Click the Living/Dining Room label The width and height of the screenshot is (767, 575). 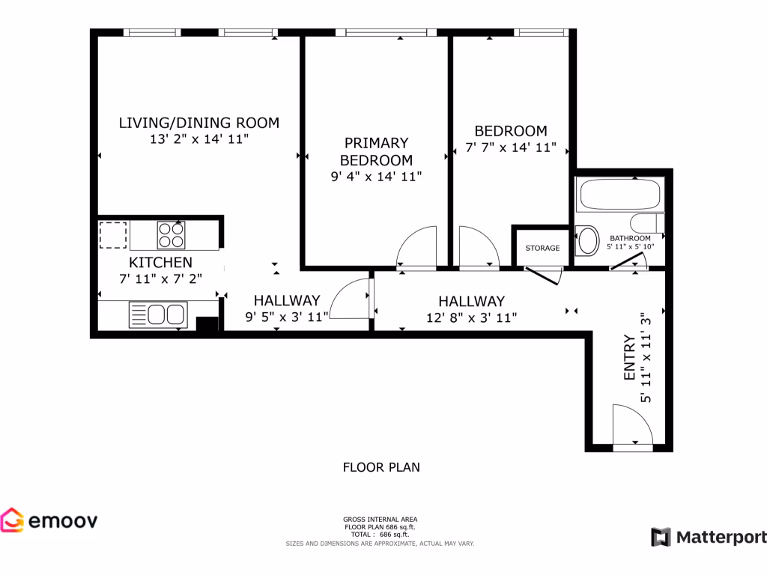[198, 123]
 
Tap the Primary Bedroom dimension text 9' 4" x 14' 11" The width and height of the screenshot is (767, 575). [376, 177]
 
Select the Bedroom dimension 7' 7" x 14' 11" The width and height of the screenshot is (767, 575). [510, 147]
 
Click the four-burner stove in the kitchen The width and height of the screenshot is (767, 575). [171, 236]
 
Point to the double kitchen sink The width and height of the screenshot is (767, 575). [157, 314]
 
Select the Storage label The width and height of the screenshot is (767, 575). [542, 248]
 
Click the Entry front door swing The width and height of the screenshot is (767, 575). [631, 426]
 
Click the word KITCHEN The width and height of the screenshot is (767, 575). [160, 263]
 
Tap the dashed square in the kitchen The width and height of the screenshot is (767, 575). [113, 235]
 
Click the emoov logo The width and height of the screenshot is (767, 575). [49, 520]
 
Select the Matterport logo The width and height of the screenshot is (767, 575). [709, 537]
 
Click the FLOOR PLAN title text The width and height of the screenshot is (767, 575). [381, 467]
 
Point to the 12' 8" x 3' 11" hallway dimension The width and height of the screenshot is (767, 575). [471, 317]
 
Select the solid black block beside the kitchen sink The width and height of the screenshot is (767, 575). [207, 324]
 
